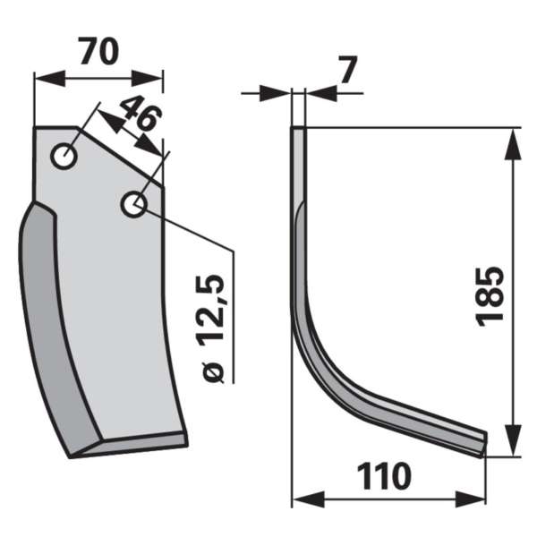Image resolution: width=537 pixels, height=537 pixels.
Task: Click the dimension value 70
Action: [99, 51]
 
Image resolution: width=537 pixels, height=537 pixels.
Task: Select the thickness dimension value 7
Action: [349, 70]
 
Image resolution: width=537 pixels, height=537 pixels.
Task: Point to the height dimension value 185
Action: [490, 296]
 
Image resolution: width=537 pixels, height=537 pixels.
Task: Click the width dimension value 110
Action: [384, 476]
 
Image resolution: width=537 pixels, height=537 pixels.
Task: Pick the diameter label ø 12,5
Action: [211, 328]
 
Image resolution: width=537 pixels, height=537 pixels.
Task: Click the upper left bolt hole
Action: [64, 156]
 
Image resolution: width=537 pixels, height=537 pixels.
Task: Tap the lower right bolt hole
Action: [134, 204]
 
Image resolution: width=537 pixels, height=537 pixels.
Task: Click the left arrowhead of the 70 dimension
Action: [49, 79]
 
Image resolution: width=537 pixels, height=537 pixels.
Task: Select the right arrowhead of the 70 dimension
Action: [147, 79]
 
